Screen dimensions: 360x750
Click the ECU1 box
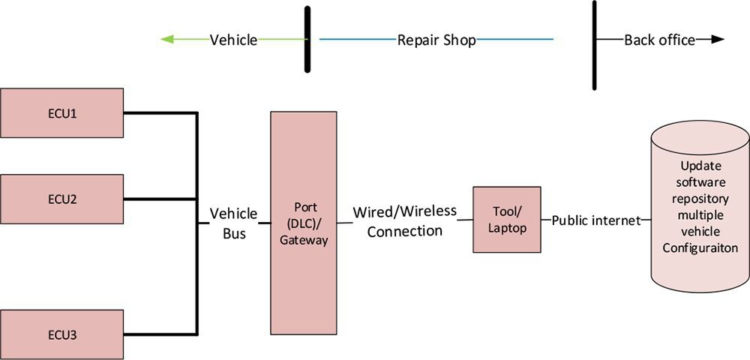tap(61, 113)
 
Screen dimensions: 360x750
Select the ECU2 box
tap(61, 199)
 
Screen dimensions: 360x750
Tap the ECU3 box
tap(61, 334)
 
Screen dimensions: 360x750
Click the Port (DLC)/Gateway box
tap(304, 223)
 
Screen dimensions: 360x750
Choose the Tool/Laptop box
tap(506, 219)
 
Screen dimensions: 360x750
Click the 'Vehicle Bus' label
tap(233, 223)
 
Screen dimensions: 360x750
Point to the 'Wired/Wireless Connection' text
tap(405, 221)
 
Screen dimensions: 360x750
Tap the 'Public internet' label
tap(596, 220)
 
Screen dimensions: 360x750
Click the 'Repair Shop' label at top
tap(436, 40)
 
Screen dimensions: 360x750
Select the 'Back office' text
tap(659, 40)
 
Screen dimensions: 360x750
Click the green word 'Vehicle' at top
tap(233, 40)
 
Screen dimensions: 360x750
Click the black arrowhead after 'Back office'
tap(718, 40)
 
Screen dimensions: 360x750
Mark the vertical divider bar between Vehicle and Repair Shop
tap(307, 39)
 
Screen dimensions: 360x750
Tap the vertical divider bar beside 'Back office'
tap(595, 45)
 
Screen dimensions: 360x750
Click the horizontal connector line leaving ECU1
tap(160, 113)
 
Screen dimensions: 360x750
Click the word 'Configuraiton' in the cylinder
tap(700, 248)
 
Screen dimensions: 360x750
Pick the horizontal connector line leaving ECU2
tap(160, 199)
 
